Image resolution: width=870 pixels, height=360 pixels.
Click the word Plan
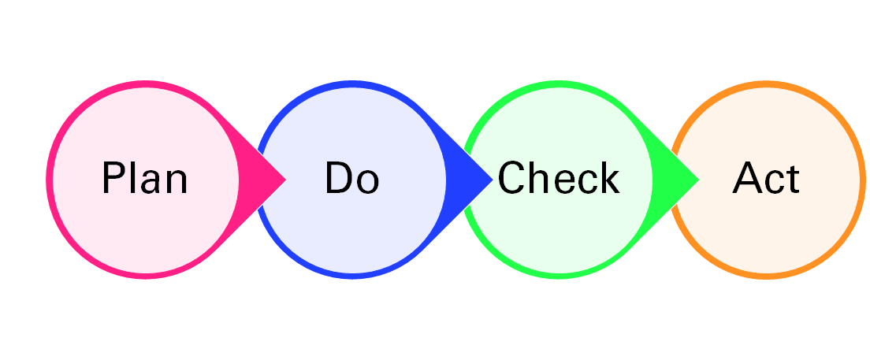point(145,179)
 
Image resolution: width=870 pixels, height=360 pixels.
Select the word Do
point(351,179)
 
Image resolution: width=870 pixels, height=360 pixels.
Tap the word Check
point(558,179)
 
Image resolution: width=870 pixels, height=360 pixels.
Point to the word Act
point(766,179)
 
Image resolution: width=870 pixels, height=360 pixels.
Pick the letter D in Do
point(338,179)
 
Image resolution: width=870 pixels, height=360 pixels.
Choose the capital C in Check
point(511,179)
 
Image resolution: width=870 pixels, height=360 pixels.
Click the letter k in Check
point(608,179)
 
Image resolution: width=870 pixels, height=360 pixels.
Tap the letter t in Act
point(793,180)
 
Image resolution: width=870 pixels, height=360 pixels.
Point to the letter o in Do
point(367,183)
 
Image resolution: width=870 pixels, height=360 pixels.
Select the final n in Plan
point(177,183)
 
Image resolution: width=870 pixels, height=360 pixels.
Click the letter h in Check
point(541,179)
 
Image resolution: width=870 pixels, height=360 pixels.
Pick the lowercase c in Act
point(775,183)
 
